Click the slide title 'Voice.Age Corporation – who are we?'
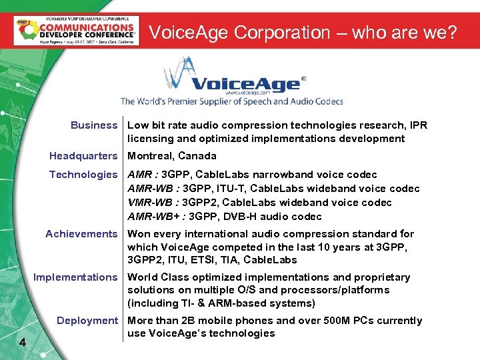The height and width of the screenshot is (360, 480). [303, 32]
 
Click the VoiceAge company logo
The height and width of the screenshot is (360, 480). [233, 77]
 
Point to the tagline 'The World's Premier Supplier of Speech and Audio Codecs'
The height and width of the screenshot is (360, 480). [231, 101]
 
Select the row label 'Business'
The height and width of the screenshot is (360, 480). [93, 125]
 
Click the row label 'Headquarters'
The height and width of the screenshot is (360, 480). [83, 156]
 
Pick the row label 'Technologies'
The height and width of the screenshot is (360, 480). [83, 175]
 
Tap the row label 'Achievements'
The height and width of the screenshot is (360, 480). [81, 234]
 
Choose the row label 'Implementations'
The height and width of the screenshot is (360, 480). [75, 277]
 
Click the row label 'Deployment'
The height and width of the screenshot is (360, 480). [87, 321]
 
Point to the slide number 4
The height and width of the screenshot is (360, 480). [23, 343]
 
